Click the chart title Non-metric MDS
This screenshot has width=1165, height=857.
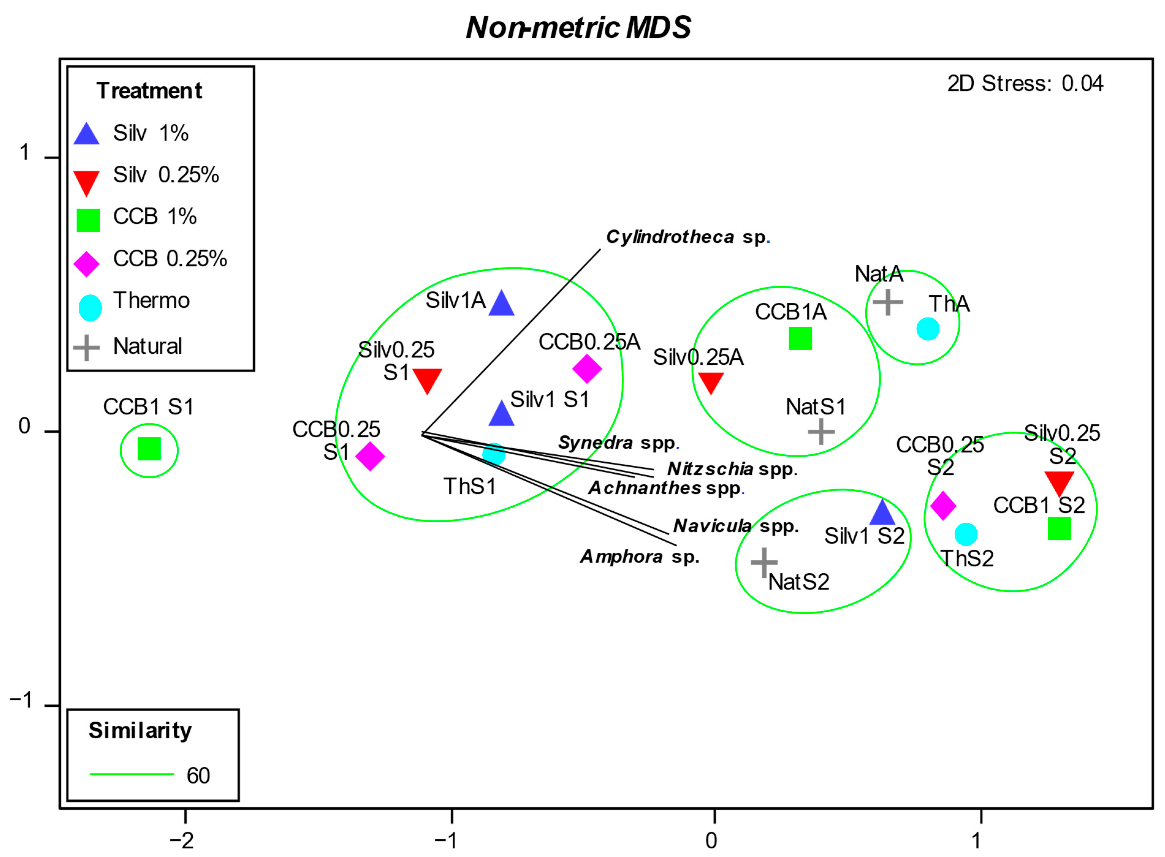point(578,28)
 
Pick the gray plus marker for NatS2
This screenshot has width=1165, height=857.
point(764,562)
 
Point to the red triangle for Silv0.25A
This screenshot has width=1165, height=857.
point(710,382)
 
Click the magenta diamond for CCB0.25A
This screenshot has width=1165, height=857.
point(587,369)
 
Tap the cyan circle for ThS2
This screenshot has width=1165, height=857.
point(966,534)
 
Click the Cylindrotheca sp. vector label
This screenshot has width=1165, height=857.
point(687,237)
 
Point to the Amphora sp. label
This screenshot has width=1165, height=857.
point(639,557)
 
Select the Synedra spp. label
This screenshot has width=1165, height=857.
point(618,442)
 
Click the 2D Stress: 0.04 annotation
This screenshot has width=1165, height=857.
point(1025,84)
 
